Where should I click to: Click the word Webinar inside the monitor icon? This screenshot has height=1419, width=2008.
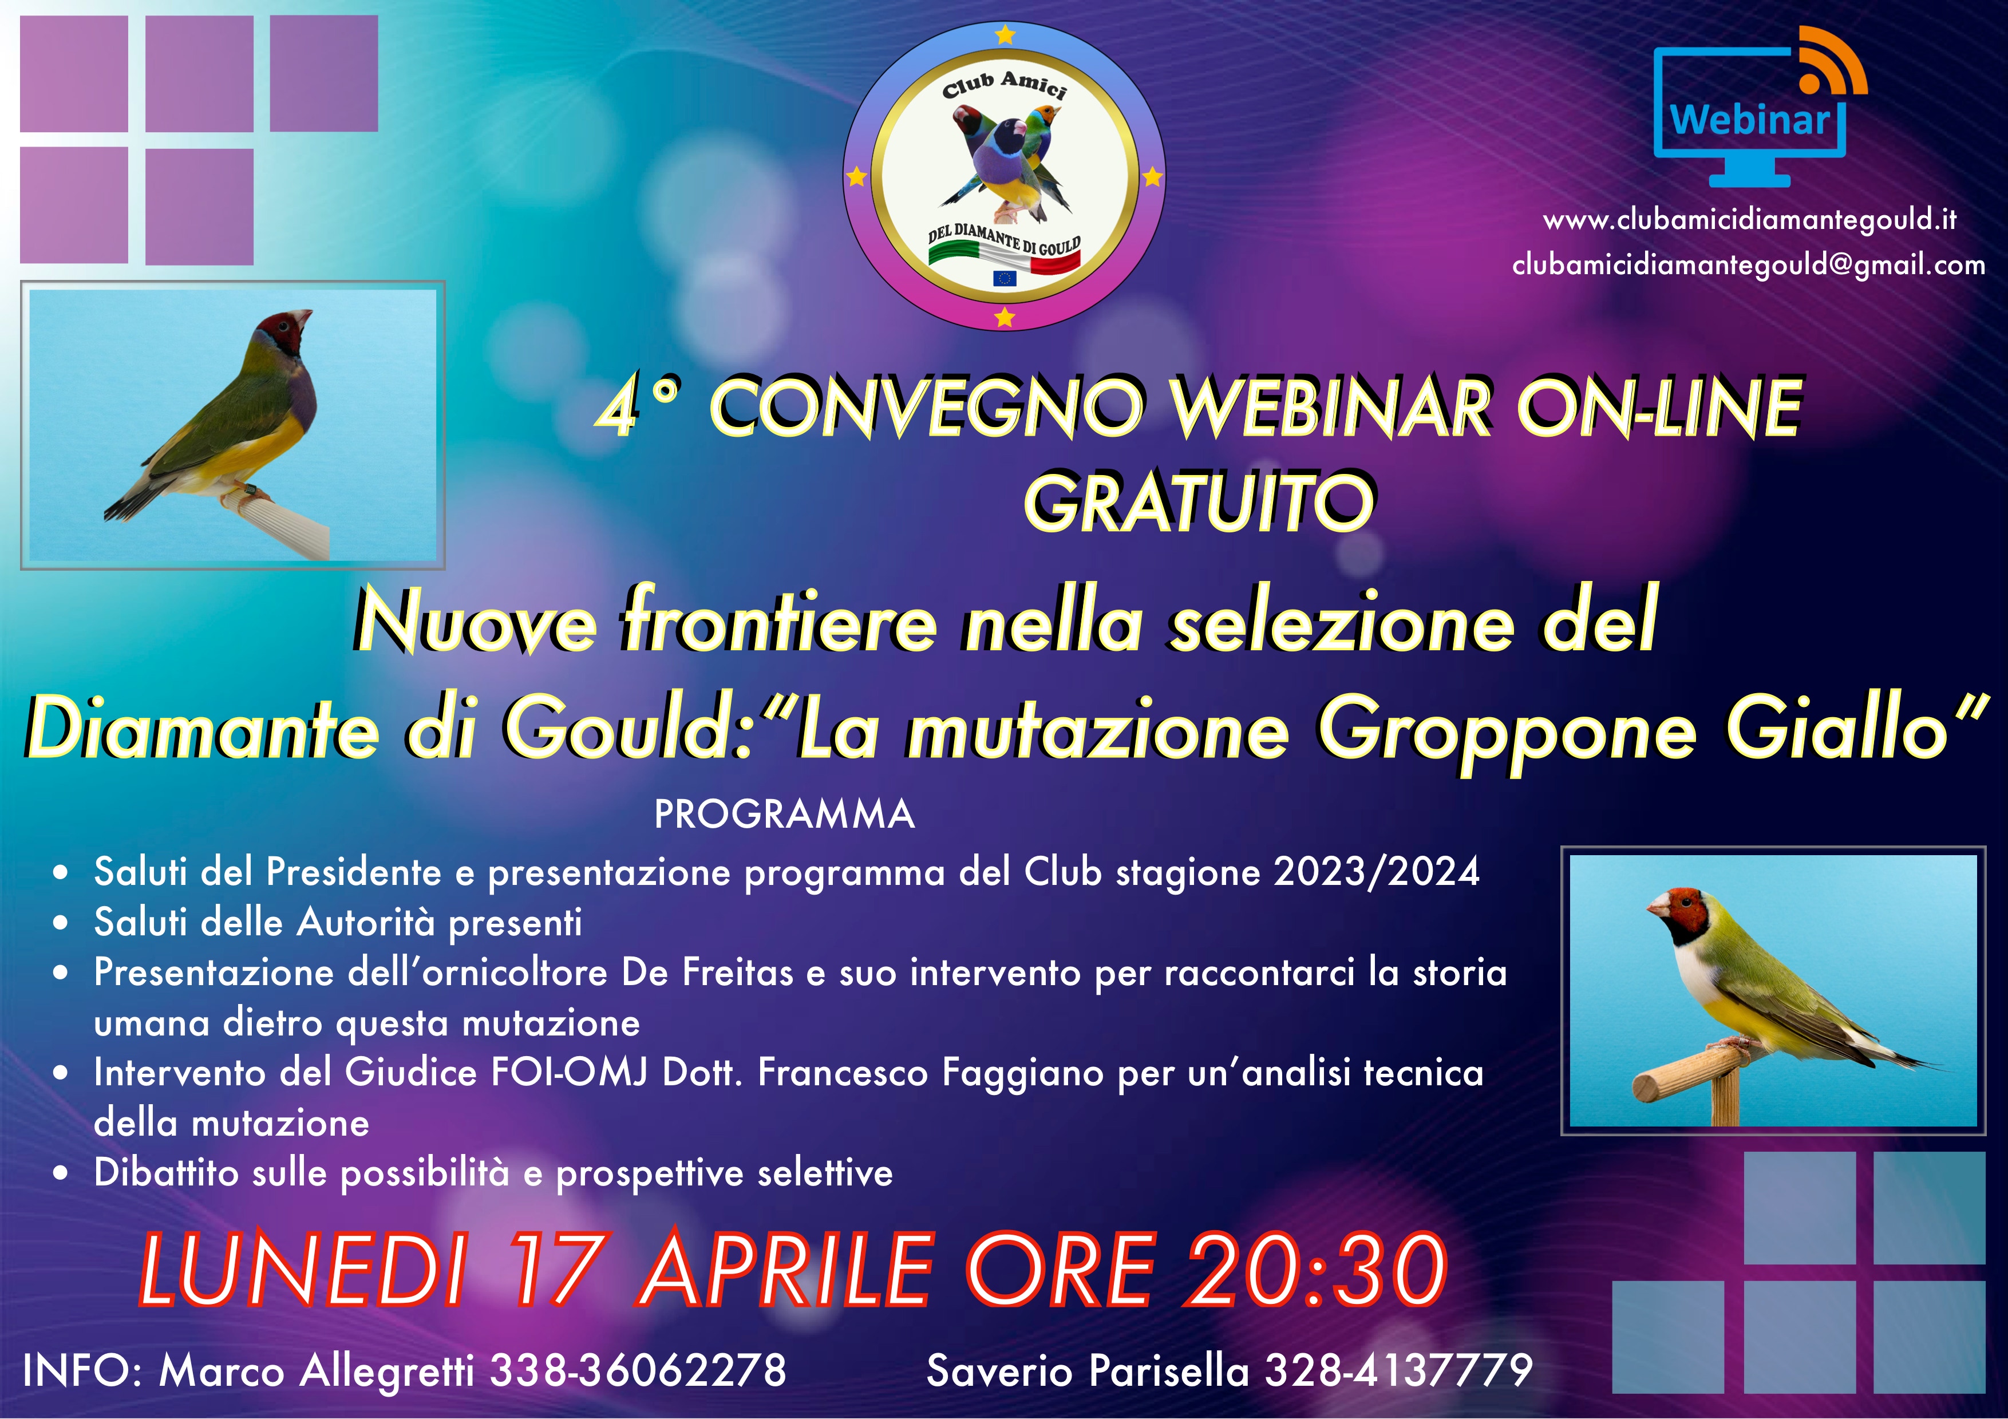[1749, 119]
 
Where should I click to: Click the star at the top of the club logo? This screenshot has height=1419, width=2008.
[1006, 34]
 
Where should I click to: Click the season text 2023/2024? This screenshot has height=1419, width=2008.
[1377, 872]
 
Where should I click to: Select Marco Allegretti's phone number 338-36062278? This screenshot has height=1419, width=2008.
[638, 1370]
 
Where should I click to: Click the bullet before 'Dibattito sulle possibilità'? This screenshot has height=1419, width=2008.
[60, 1174]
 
